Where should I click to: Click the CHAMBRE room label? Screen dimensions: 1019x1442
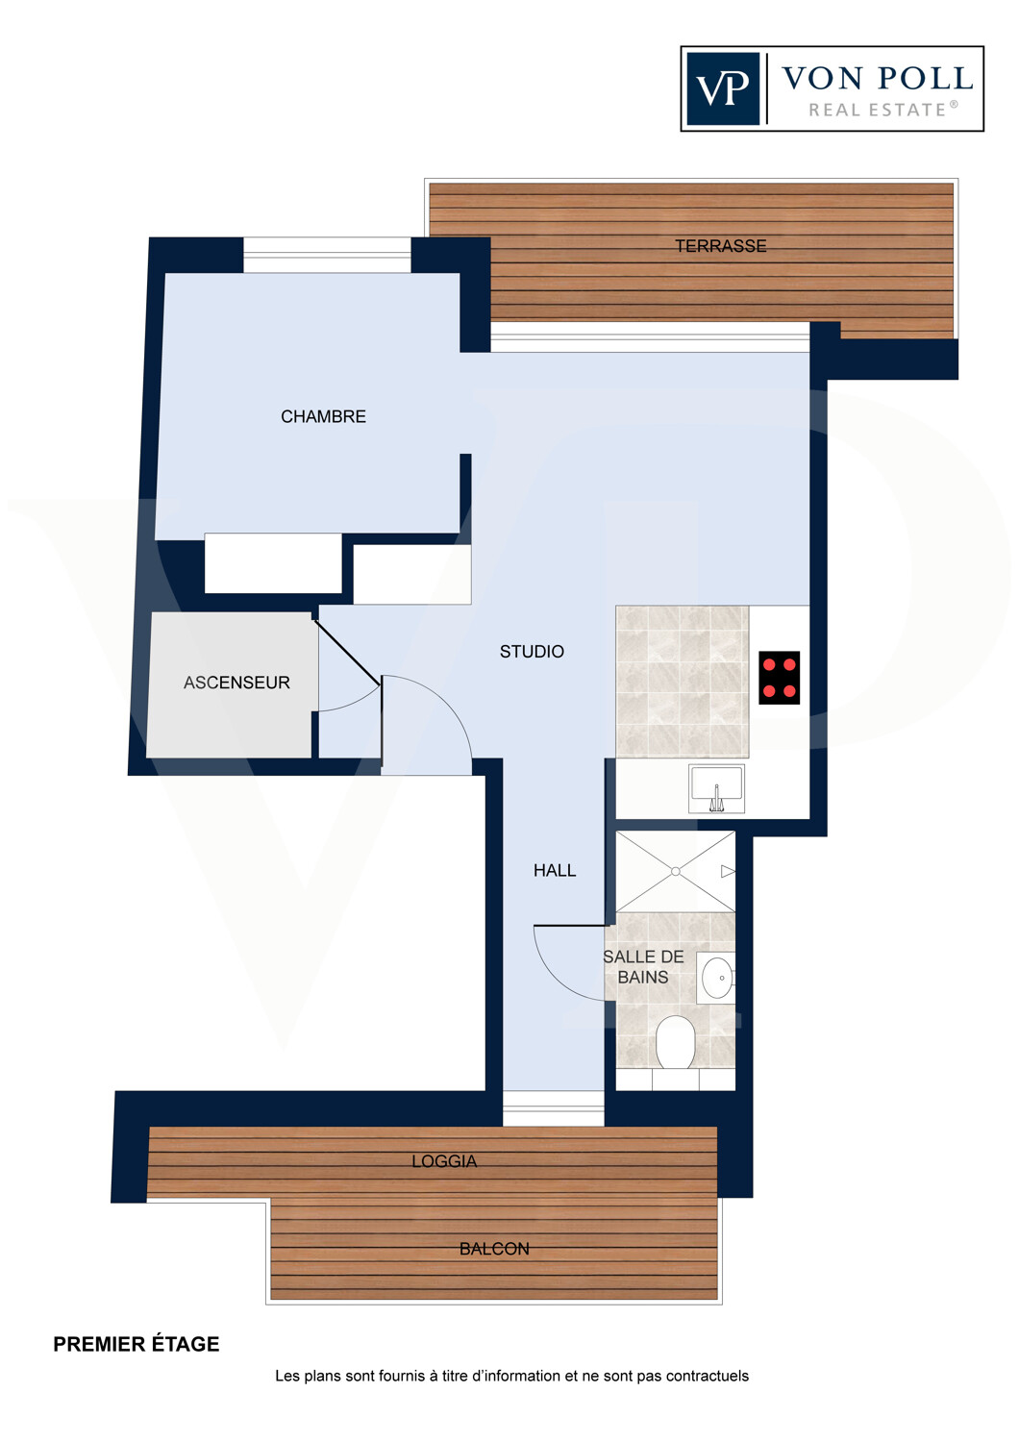323,416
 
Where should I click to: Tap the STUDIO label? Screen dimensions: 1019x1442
532,652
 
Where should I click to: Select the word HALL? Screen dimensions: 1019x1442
555,870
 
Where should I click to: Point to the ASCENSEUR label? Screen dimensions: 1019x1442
236,683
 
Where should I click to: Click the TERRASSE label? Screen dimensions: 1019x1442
720,246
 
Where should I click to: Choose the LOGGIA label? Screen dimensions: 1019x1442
444,1161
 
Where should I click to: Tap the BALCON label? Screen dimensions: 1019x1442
494,1249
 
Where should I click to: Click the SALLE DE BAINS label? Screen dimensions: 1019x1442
643,967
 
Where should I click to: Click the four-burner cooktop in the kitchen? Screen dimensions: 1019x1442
779,678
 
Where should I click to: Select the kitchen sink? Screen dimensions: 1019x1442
716,788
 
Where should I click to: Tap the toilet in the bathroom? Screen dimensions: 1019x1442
675,1042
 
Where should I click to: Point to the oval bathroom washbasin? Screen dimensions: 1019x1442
716,978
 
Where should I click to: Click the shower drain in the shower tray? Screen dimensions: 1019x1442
675,871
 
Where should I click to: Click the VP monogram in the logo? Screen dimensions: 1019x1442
723,88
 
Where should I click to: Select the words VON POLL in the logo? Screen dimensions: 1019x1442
878,79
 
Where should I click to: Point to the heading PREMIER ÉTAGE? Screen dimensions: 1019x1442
137,1344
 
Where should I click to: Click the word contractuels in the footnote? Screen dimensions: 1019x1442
708,1376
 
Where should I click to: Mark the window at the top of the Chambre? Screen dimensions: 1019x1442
327,255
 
